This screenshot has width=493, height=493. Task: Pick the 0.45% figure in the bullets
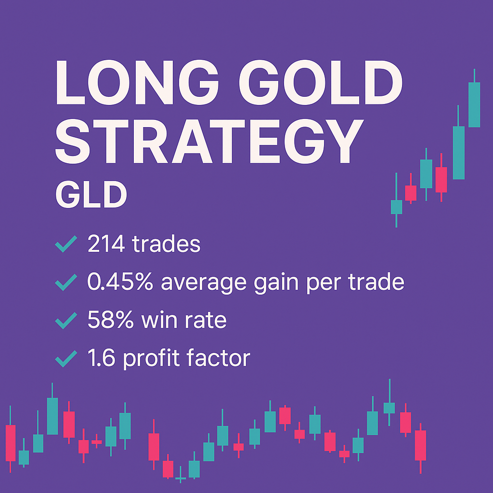click(x=120, y=282)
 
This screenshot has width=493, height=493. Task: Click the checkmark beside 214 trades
click(x=66, y=245)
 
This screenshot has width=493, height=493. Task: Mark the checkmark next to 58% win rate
click(x=66, y=320)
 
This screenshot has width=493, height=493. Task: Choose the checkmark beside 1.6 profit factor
click(x=66, y=358)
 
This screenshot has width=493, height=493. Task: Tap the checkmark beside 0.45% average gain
click(x=66, y=282)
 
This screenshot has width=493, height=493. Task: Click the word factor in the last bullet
click(x=221, y=358)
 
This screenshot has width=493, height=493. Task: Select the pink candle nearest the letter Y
click(x=441, y=180)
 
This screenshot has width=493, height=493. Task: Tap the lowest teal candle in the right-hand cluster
click(x=396, y=207)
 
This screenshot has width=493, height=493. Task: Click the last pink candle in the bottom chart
click(x=420, y=445)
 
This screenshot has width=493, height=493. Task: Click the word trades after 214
click(x=167, y=245)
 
